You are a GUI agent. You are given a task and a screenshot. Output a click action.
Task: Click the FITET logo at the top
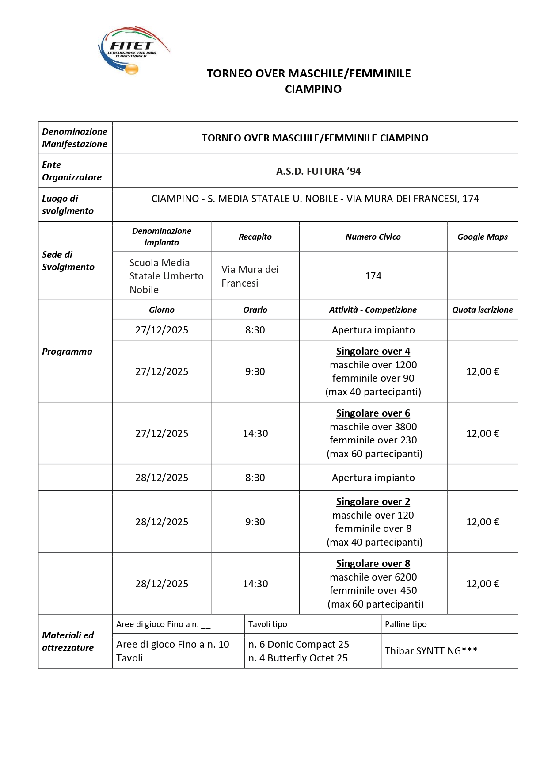pos(133,50)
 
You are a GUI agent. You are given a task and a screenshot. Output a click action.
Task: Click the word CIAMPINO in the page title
pos(313,89)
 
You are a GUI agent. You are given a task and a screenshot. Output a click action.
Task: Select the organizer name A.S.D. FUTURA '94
pos(318,171)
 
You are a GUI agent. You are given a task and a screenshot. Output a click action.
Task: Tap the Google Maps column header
pos(482,237)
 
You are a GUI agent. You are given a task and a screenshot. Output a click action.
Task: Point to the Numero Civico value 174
pos(373,276)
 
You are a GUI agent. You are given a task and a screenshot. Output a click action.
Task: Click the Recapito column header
pos(255,237)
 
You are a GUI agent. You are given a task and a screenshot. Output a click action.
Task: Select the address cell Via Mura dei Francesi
pos(250,276)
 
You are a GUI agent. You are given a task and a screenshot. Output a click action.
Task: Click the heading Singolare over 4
pos(373,351)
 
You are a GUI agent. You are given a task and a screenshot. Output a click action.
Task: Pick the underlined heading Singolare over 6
pos(373,413)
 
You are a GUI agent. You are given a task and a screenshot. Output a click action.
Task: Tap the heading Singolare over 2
pos(373,501)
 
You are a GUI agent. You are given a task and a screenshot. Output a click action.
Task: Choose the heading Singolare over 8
pos(373,563)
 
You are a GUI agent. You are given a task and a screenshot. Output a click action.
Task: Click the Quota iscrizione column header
pos(482,310)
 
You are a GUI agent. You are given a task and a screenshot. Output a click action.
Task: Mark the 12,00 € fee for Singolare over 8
pos(482,584)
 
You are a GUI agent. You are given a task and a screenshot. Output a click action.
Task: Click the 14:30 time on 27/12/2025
pos(255,433)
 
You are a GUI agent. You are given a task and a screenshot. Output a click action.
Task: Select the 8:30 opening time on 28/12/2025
pos(255,478)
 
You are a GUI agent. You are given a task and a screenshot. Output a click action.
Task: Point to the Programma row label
pos(67,352)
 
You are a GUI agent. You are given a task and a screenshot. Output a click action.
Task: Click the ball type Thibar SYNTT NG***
pos(431,651)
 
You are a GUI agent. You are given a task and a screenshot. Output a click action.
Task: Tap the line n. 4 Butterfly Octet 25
pos(298,658)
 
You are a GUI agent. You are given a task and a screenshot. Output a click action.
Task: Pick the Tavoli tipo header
pos(267,624)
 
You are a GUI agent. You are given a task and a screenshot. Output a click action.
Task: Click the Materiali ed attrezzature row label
pos(68,641)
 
